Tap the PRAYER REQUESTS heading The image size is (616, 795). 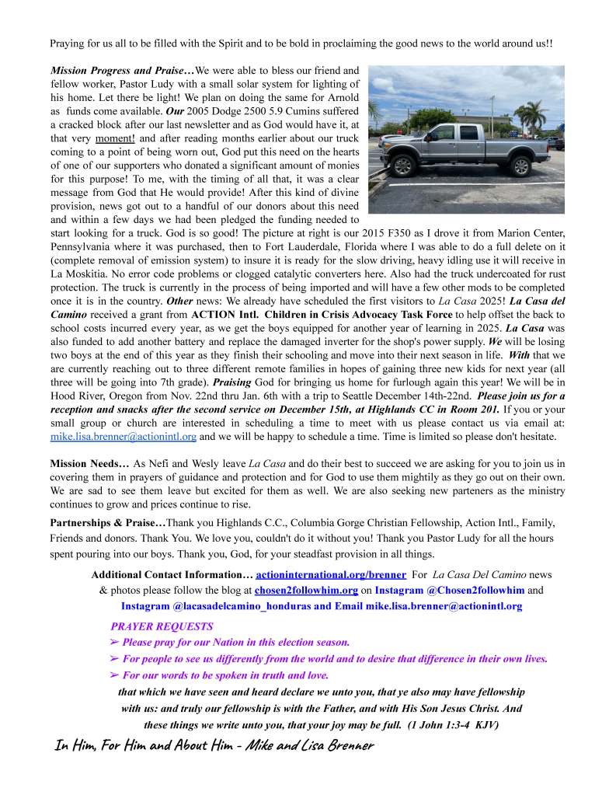162,626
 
